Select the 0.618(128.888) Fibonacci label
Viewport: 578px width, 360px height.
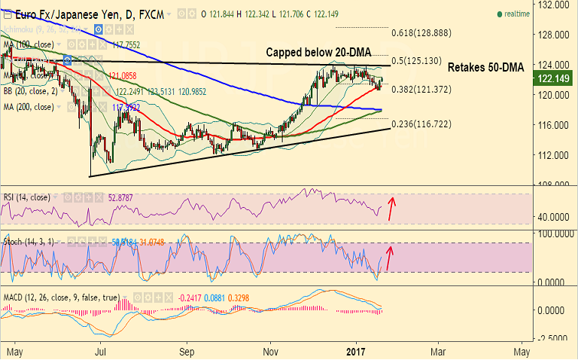[421, 34]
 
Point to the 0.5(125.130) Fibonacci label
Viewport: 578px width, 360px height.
[421, 60]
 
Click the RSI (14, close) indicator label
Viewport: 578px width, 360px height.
[26, 197]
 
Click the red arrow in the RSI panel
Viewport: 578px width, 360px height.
[392, 206]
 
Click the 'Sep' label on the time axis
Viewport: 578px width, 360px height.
[188, 351]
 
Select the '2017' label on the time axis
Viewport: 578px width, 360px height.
[356, 351]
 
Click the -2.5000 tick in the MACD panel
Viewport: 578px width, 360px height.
[552, 339]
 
